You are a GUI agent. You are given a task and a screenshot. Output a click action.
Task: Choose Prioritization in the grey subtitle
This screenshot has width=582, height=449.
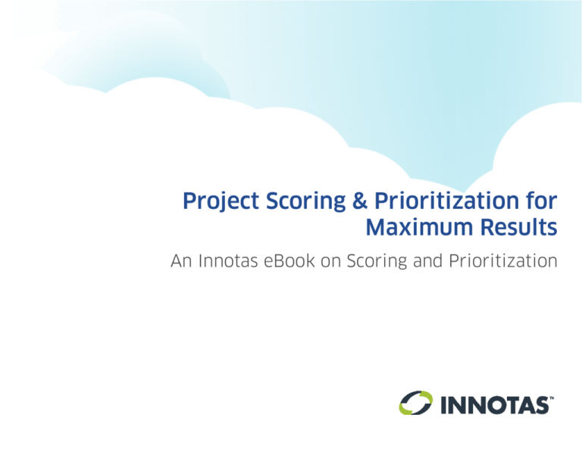coord(505,263)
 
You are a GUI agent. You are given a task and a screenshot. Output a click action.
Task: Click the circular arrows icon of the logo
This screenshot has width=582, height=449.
coord(416,404)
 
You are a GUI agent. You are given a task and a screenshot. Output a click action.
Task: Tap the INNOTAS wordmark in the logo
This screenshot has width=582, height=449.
coord(493,404)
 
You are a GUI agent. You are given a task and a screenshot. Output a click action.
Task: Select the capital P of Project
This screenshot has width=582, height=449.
coord(189,202)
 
